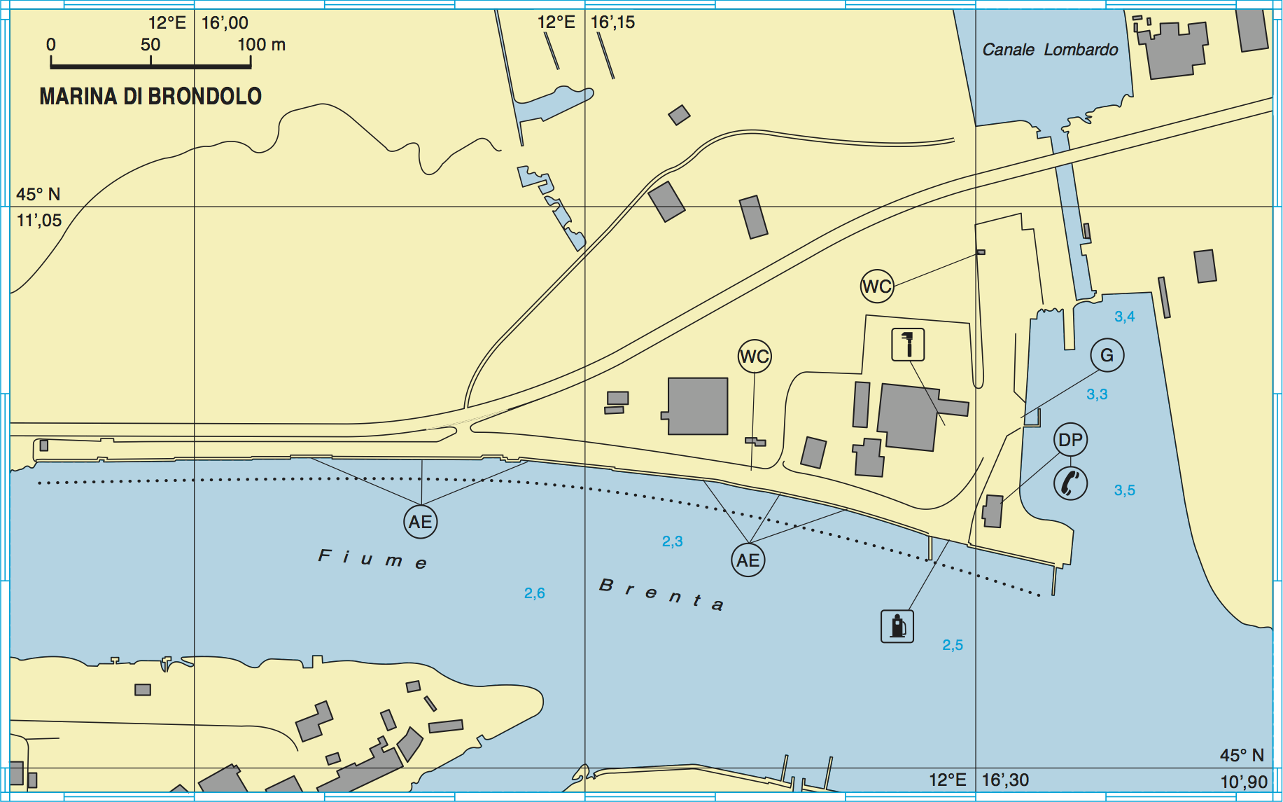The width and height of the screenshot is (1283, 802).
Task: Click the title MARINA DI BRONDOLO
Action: click(x=150, y=97)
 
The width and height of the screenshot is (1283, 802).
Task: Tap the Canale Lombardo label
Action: click(x=1050, y=50)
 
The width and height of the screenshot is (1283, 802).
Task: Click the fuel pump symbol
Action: click(x=897, y=626)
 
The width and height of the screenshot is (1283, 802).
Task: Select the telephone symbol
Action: click(x=1070, y=483)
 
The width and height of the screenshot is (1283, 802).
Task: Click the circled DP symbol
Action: click(x=1070, y=440)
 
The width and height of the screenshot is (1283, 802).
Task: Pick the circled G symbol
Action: click(x=1107, y=355)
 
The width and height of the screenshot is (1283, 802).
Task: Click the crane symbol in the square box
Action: click(x=908, y=345)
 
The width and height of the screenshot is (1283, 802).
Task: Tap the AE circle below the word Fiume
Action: click(x=421, y=522)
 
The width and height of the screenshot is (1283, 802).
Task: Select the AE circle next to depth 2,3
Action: click(x=748, y=560)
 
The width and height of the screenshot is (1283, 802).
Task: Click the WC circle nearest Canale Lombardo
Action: click(x=877, y=286)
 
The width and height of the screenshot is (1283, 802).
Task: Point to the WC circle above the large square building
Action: click(x=755, y=357)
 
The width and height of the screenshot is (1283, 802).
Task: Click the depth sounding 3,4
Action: click(x=1124, y=317)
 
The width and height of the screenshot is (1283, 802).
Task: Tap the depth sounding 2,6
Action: click(x=535, y=593)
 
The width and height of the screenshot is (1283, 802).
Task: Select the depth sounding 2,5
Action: click(x=952, y=645)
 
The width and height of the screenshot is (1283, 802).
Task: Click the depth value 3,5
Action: click(x=1124, y=490)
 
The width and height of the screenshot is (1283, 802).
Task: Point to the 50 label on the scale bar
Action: click(x=150, y=45)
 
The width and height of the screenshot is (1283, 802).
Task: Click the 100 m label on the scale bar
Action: click(x=261, y=45)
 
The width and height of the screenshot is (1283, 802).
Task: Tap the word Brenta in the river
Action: click(x=661, y=595)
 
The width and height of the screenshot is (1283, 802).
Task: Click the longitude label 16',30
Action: click(x=1005, y=780)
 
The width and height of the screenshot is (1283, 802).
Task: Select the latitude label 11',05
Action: click(x=39, y=221)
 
